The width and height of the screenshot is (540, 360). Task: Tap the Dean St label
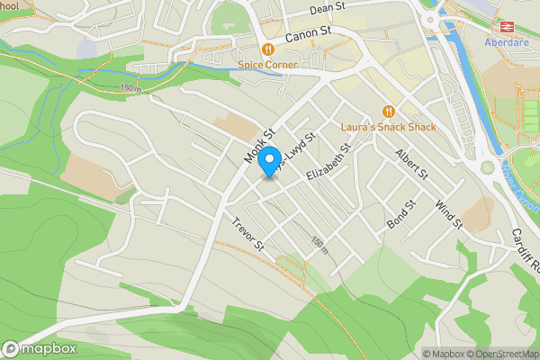click(328, 7)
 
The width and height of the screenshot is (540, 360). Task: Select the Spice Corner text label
click(268, 65)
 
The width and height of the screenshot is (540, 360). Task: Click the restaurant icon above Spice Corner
click(267, 49)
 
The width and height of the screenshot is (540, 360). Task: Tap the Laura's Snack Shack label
click(388, 127)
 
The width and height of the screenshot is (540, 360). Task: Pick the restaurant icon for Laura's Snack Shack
click(388, 111)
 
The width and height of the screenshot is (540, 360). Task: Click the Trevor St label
click(247, 233)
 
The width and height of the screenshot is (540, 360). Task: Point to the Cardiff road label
click(526, 247)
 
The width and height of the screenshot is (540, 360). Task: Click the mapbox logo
click(40, 349)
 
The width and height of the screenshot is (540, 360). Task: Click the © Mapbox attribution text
click(446, 354)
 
